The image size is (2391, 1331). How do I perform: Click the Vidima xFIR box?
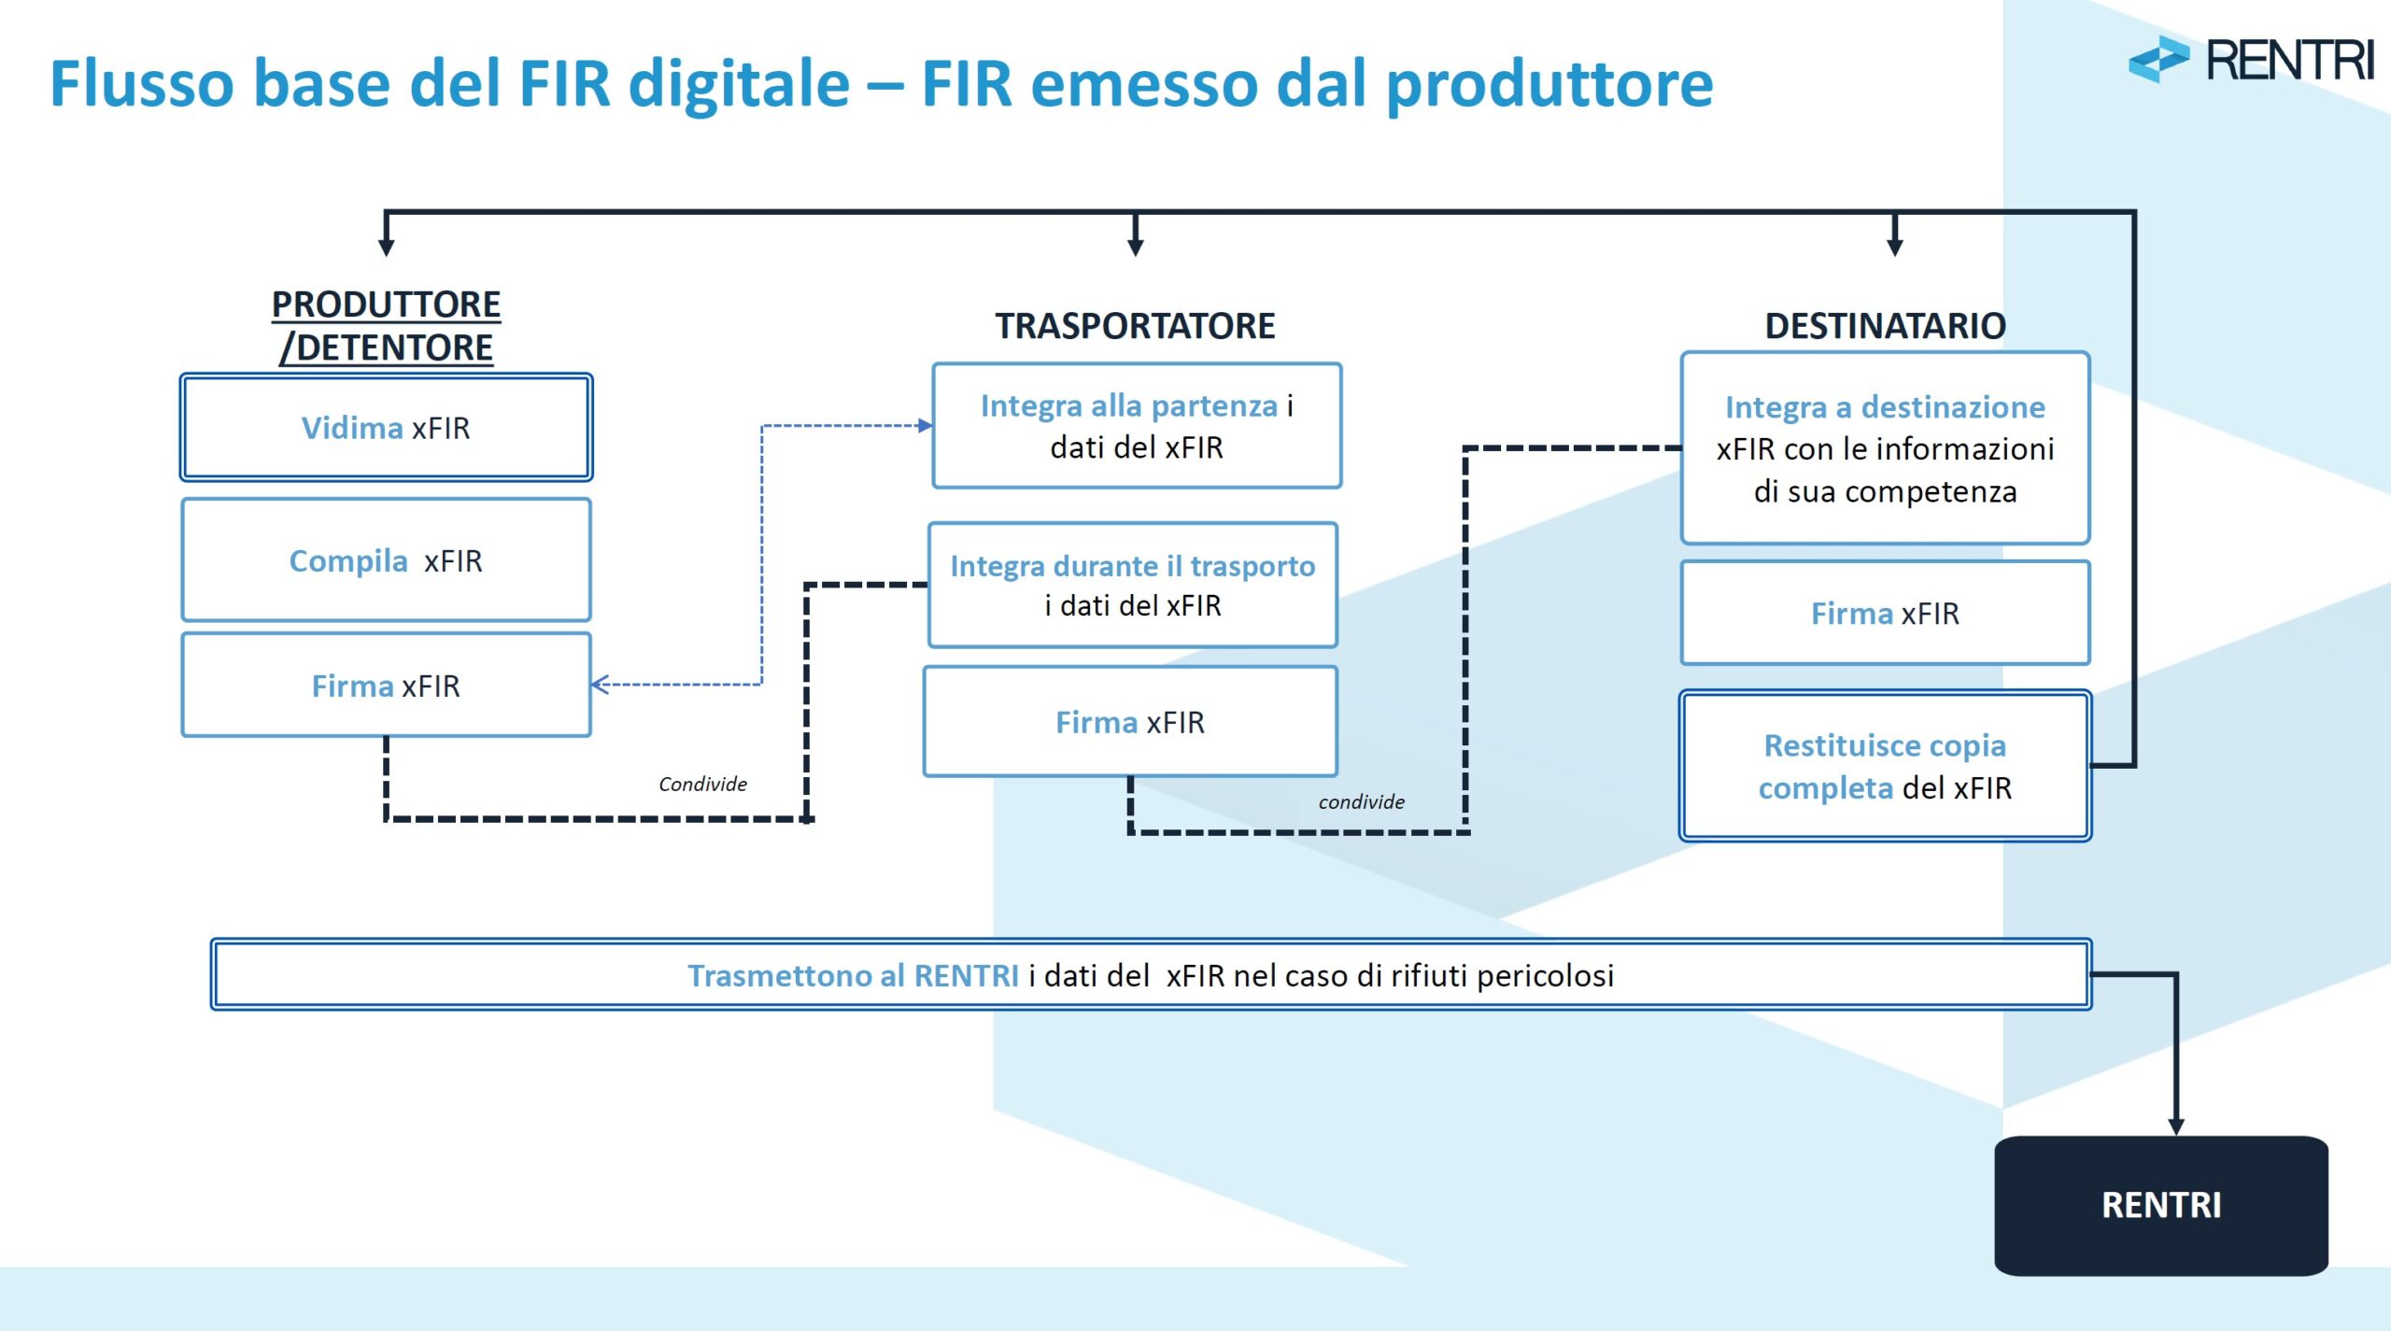coord(386,428)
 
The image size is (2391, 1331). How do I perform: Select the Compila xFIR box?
coord(386,560)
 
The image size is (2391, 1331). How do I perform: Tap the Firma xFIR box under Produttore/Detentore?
coord(386,686)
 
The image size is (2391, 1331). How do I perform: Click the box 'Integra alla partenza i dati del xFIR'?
coord(1137,426)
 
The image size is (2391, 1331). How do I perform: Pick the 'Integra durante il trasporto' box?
coord(1132,585)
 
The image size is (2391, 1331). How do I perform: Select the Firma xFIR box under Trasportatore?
coord(1130,722)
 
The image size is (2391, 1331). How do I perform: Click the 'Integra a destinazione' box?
coord(1885,448)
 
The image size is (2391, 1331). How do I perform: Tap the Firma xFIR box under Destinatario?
coord(1885,614)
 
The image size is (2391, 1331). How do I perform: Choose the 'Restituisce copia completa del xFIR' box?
coord(1885,766)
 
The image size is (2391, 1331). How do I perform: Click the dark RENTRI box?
coord(2160,1205)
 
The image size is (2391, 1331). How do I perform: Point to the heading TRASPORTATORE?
coord(1135,326)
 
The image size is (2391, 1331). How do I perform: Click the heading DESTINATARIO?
coord(1885,326)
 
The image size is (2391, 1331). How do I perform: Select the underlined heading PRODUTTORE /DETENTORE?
coord(386,326)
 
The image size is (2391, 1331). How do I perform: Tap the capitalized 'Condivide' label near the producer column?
coord(702,785)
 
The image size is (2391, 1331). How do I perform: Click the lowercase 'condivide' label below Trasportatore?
coord(1361,802)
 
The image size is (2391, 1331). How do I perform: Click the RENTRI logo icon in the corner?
coord(2158,60)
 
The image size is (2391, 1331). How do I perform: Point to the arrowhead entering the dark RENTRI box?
coord(2176,1126)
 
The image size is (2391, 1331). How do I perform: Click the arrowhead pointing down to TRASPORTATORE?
coord(1135,247)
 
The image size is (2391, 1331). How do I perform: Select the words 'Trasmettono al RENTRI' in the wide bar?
coord(853,976)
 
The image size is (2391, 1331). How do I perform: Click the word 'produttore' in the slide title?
coord(1549,84)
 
